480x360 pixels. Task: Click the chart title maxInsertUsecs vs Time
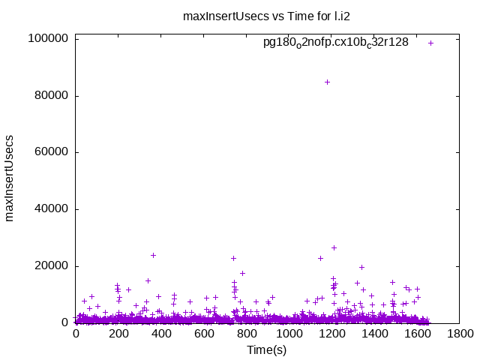(x=266, y=16)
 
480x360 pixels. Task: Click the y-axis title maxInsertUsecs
(x=10, y=178)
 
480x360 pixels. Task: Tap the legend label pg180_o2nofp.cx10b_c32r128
(x=335, y=43)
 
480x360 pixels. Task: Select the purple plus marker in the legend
(x=430, y=43)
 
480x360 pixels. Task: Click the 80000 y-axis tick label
(x=50, y=96)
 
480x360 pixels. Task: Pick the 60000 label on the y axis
(x=50, y=152)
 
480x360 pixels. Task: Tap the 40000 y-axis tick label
(x=50, y=209)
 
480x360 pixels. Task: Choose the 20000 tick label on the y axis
(x=50, y=266)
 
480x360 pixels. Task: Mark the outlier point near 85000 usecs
(x=327, y=82)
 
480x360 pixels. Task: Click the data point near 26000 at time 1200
(x=334, y=247)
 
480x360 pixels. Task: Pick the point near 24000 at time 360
(x=153, y=255)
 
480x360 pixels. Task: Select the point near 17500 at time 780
(x=242, y=273)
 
